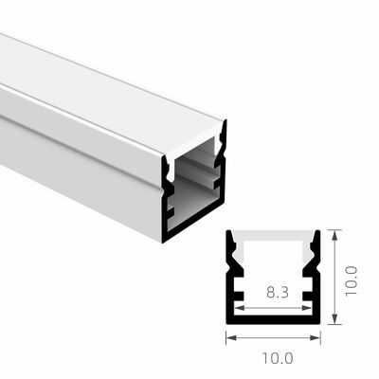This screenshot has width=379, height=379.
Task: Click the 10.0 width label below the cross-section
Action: (276, 358)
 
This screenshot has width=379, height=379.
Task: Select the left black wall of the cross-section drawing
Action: (231, 284)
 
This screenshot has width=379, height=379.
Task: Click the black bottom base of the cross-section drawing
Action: (274, 319)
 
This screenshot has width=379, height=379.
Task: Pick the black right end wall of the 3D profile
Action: (221, 189)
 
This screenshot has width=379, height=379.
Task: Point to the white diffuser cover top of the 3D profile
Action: (114, 95)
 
